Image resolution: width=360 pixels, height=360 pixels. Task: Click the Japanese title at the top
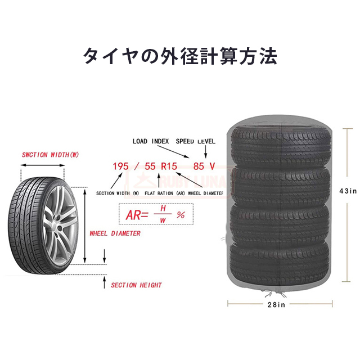pyautogui.click(x=180, y=56)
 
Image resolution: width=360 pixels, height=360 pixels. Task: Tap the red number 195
pyautogui.click(x=121, y=166)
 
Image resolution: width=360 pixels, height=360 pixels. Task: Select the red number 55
pyautogui.click(x=150, y=166)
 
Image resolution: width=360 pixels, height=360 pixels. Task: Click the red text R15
pyautogui.click(x=169, y=166)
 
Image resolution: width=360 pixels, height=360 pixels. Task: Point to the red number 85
pyautogui.click(x=199, y=166)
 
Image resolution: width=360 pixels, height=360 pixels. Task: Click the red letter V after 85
pyautogui.click(x=212, y=166)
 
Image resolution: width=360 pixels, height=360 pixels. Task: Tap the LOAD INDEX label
pyautogui.click(x=151, y=141)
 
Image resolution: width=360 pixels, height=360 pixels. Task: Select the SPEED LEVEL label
pyautogui.click(x=195, y=141)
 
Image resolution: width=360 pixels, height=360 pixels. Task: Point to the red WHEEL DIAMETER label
pyautogui.click(x=115, y=233)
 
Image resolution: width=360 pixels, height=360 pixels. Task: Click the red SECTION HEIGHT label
pyautogui.click(x=136, y=285)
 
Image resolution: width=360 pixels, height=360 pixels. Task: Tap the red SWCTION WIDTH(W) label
pyautogui.click(x=50, y=155)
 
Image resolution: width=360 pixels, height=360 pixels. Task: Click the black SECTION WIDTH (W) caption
pyautogui.click(x=117, y=192)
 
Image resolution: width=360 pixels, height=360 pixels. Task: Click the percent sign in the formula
pyautogui.click(x=181, y=215)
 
